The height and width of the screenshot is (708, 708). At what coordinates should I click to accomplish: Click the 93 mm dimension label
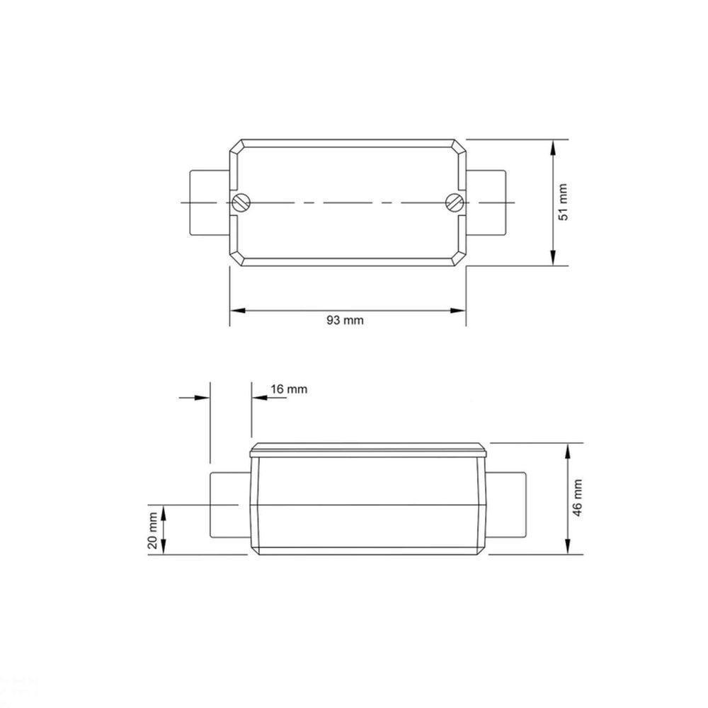click(345, 320)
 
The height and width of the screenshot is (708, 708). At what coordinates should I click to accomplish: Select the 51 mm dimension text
click(564, 202)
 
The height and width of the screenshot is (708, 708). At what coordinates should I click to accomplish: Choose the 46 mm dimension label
click(578, 498)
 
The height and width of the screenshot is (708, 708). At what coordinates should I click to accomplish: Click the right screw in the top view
click(454, 202)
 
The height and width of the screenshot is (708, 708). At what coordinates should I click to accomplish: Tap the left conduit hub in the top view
click(209, 202)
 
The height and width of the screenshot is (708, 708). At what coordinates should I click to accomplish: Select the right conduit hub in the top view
click(486, 202)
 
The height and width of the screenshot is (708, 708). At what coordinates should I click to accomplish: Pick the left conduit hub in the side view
click(229, 506)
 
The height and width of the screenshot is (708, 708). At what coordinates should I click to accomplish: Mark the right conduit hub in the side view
click(508, 506)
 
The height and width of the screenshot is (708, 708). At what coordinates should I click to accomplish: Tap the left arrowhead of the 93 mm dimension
click(236, 310)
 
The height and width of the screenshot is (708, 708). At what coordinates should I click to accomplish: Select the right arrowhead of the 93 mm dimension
click(459, 310)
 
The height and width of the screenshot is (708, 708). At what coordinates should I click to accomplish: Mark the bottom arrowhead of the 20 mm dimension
click(164, 549)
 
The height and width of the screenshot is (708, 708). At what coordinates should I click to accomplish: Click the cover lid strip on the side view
click(368, 450)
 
